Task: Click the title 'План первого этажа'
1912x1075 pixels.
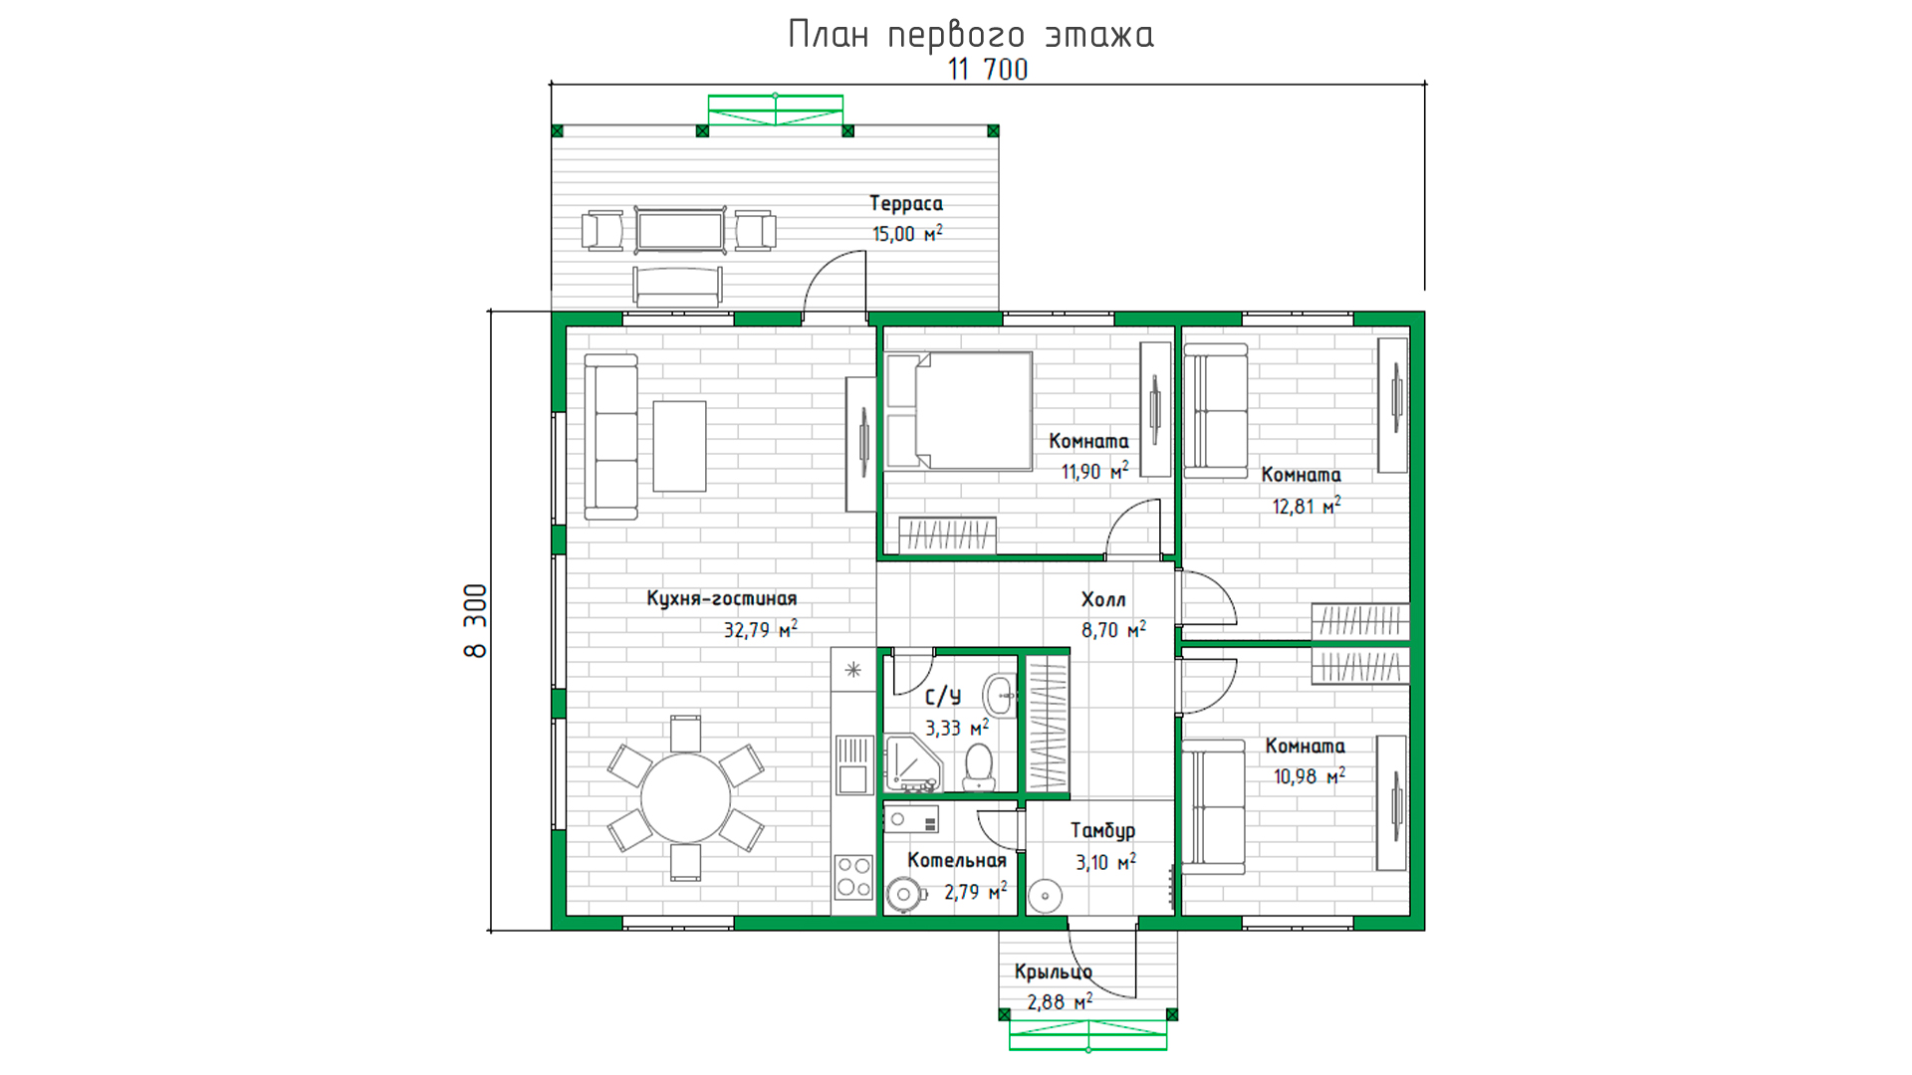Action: point(971,35)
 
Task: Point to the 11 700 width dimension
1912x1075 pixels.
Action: point(988,69)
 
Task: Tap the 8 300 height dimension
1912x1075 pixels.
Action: point(476,620)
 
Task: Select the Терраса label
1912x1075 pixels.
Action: point(906,203)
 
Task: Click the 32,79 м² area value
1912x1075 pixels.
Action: point(761,629)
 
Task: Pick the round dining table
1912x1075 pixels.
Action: point(685,798)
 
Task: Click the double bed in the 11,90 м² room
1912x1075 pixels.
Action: point(959,410)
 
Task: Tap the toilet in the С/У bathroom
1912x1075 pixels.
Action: point(979,766)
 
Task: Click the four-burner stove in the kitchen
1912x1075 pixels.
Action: point(853,877)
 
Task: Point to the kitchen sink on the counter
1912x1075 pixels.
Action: point(853,764)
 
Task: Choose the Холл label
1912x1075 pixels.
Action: point(1103,599)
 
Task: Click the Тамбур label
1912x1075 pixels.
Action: point(1102,830)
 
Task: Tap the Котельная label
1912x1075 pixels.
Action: point(957,860)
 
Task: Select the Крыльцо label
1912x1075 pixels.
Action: point(1054,971)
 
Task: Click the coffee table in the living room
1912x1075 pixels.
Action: point(679,446)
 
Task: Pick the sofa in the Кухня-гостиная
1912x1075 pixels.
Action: point(610,437)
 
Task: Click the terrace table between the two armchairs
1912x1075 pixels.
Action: point(680,231)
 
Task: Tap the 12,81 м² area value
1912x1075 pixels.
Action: point(1307,506)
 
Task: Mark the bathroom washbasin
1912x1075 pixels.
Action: point(1000,694)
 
